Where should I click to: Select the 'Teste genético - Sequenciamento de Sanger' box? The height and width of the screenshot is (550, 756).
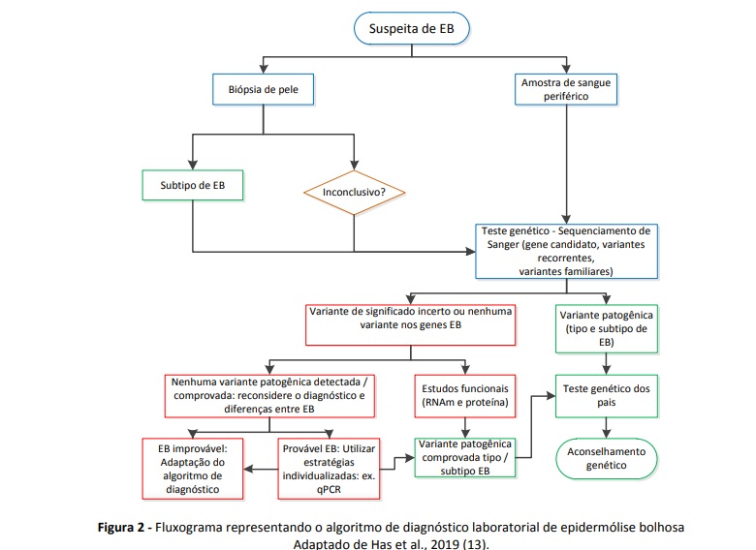tap(566, 251)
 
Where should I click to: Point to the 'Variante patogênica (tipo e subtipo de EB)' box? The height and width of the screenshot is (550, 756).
tap(608, 328)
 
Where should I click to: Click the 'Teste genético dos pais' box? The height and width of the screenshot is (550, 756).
tap(607, 395)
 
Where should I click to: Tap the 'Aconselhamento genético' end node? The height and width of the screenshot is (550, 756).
tap(608, 457)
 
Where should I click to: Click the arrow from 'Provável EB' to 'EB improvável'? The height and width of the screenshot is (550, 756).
tap(262, 469)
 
